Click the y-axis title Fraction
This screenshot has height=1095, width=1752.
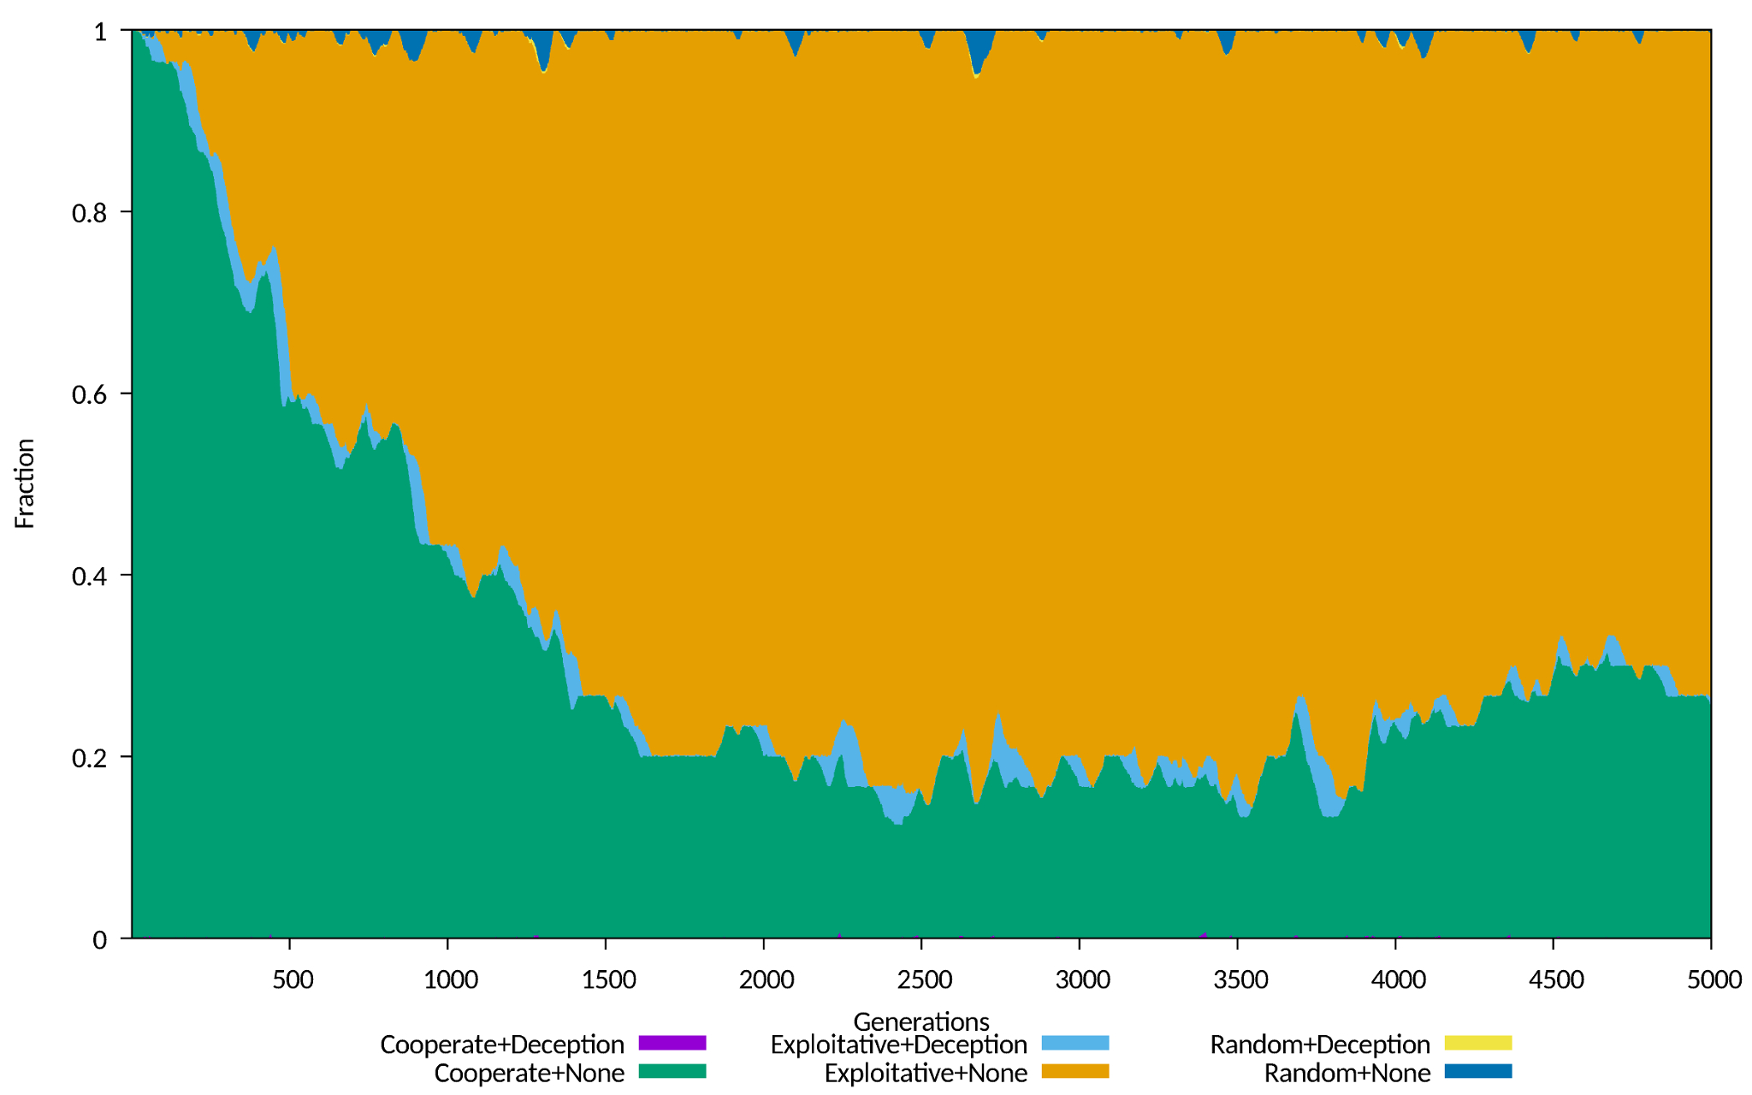[25, 483]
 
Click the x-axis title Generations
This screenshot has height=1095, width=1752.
[921, 1021]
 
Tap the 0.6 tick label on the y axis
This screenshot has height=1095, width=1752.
[89, 394]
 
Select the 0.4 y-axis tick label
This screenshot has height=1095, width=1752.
[89, 576]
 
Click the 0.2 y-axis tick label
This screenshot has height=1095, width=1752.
[89, 758]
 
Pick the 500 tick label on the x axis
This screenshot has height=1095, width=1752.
[293, 980]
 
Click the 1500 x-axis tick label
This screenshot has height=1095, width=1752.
[608, 980]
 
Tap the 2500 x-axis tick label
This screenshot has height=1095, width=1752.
[924, 980]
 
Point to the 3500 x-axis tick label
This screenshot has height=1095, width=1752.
[1240, 980]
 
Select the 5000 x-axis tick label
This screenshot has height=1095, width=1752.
[1714, 980]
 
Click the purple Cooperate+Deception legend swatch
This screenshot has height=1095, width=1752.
[672, 1043]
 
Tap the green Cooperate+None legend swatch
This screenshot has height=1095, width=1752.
[672, 1071]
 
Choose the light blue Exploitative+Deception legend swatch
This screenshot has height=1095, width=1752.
[1075, 1043]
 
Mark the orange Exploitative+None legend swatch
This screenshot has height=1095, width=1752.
[1075, 1071]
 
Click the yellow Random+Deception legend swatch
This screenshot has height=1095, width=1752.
[1478, 1043]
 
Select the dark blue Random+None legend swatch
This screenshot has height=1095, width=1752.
[1478, 1071]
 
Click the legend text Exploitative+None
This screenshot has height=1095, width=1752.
[926, 1073]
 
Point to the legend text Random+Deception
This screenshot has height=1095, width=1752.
[1320, 1045]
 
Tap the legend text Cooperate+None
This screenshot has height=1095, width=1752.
[529, 1073]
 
